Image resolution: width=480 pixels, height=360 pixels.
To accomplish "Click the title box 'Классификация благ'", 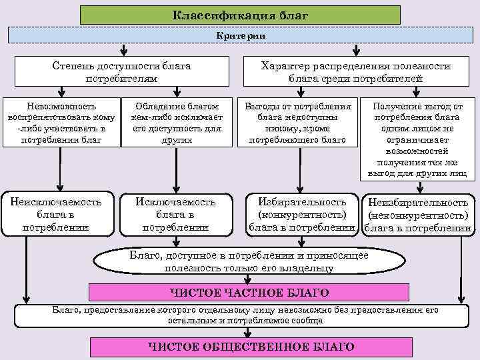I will (240, 15).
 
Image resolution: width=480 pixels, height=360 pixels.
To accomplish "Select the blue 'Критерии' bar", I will (240, 35).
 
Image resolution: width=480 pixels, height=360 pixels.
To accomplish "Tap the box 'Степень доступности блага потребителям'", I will (122, 73).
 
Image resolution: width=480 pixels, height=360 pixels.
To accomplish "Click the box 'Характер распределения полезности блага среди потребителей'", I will (356, 73).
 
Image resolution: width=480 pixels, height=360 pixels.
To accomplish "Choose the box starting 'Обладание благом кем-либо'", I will (176, 123).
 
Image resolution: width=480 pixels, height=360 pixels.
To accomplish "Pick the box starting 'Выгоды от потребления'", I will (297, 123).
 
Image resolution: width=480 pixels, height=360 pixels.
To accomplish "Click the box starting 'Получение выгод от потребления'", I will (417, 139).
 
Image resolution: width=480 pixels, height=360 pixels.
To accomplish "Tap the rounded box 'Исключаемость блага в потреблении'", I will (176, 214).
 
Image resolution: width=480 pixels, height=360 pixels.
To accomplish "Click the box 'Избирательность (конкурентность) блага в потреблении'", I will (301, 214).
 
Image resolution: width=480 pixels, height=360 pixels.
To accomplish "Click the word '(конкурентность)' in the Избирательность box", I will (301, 214).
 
